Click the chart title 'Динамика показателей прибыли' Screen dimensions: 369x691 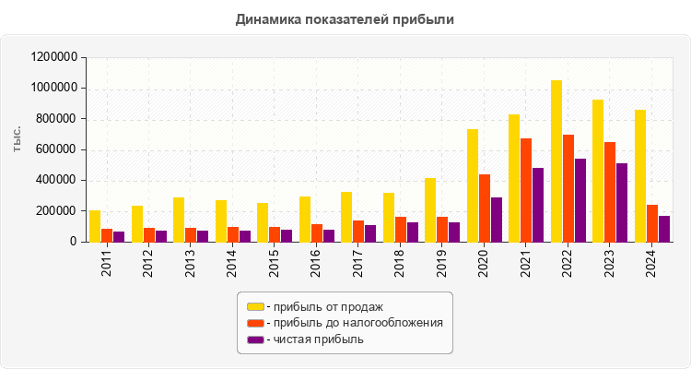point(345,18)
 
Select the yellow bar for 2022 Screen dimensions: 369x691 point(556,161)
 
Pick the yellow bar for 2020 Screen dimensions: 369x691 point(473,185)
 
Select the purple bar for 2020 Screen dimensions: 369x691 point(497,220)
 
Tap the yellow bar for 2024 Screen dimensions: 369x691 point(640,175)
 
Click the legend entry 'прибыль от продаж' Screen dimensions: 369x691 point(323,306)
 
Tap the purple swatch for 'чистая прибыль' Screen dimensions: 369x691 point(255,339)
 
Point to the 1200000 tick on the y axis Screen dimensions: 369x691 point(53,57)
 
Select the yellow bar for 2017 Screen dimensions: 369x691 point(346,217)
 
